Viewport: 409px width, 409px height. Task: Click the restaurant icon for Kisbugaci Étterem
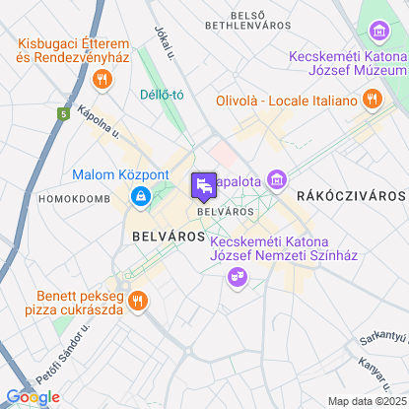[x=99, y=78]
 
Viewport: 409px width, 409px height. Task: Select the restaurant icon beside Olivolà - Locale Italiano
[x=371, y=99]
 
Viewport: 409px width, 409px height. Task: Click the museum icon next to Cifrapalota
[x=278, y=180]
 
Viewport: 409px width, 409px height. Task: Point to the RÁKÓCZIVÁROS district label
[x=351, y=195]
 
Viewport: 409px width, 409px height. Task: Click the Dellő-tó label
[x=164, y=96]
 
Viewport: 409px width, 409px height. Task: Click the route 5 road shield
[x=62, y=115]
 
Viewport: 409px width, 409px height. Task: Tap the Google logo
[x=33, y=396]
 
